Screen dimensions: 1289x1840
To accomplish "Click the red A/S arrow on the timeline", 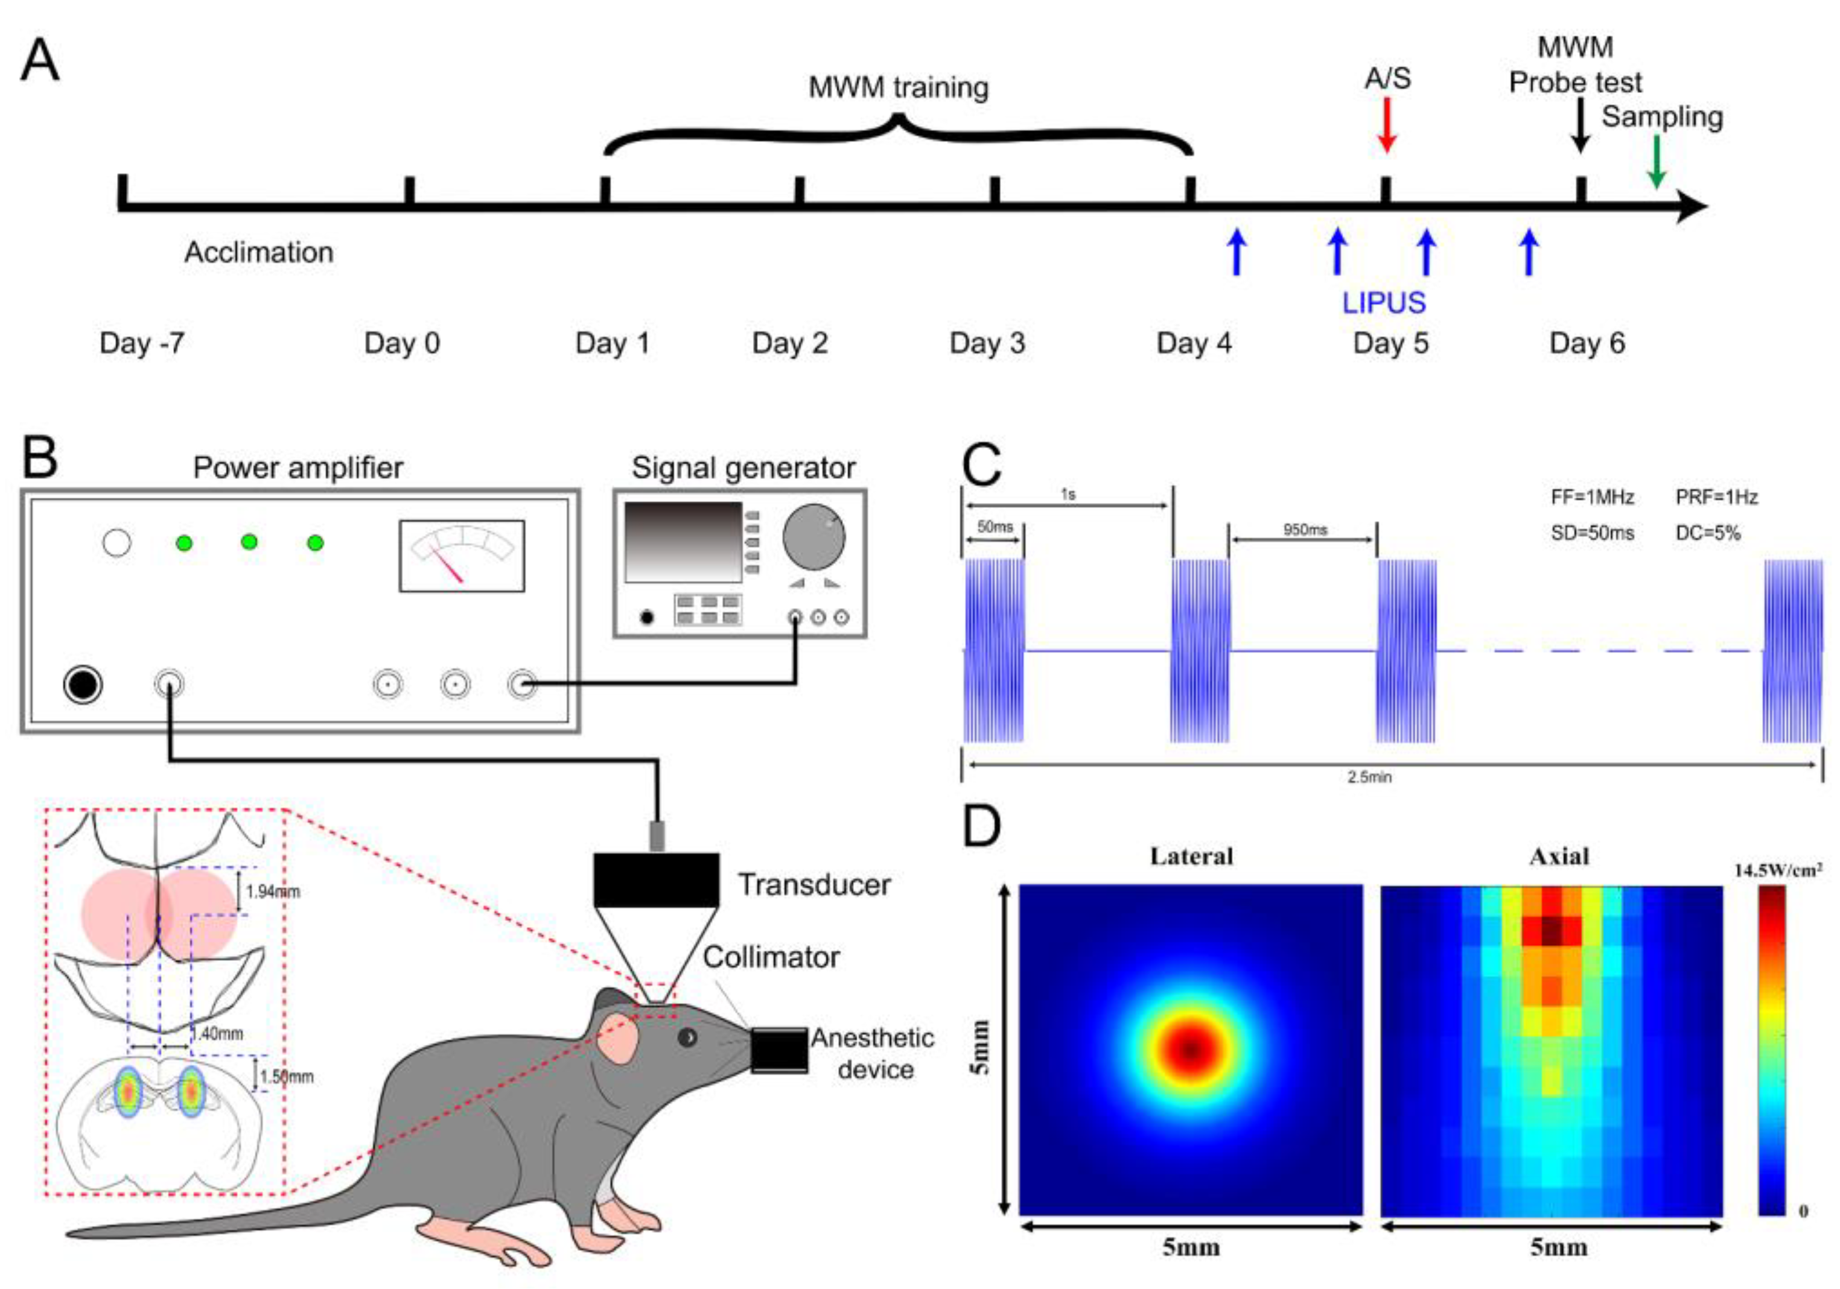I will tap(1387, 126).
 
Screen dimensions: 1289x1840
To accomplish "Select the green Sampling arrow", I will tap(1656, 163).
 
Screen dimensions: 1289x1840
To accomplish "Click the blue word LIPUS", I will tap(1384, 303).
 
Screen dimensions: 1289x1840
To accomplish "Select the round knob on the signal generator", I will tap(813, 536).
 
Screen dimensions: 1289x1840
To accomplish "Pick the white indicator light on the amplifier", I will tap(117, 543).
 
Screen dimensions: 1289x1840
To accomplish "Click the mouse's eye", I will tap(687, 1038).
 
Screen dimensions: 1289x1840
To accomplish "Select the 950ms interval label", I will tap(1305, 530).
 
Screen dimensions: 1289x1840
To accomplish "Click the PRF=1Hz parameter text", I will tap(1716, 498).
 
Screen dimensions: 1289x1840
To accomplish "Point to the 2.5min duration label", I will tap(1369, 777).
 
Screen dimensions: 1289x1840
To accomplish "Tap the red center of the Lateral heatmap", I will tap(1191, 1049).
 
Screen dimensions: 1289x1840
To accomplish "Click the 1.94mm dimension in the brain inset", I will tap(273, 892).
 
